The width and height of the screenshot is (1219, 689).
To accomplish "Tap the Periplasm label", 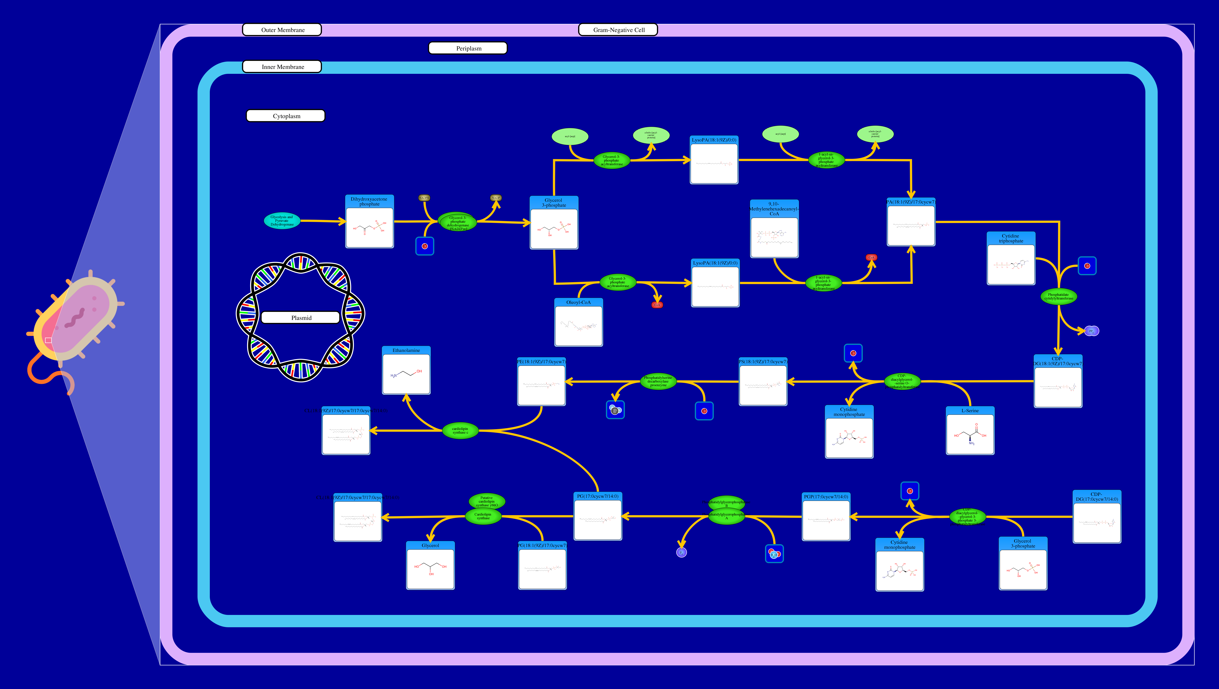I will click(468, 48).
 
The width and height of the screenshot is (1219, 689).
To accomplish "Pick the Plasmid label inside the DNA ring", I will click(301, 318).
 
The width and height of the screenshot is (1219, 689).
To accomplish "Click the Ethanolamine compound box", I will click(406, 371).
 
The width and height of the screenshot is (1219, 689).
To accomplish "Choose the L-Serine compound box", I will click(970, 431).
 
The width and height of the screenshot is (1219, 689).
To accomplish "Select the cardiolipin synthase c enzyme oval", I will click(460, 431).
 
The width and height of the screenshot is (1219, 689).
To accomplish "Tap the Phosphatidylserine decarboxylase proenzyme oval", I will click(658, 381).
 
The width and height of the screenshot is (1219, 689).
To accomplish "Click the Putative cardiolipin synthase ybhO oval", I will click(486, 501).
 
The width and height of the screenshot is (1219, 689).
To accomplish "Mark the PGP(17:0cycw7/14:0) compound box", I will click(826, 517).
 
